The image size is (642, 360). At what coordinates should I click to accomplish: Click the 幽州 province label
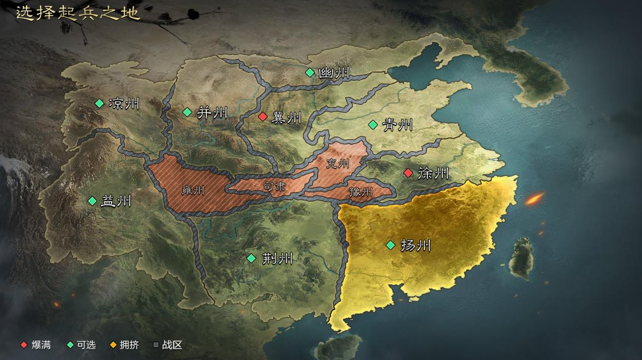(x=334, y=73)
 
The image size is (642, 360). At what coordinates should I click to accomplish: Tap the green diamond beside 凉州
(x=99, y=103)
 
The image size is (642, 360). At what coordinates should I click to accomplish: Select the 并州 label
(x=212, y=112)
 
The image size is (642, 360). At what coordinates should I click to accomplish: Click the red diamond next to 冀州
(x=262, y=117)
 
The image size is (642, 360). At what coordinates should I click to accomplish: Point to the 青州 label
(x=398, y=125)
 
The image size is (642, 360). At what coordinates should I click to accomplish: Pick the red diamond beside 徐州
(x=408, y=173)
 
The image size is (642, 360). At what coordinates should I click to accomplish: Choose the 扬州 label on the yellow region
(x=415, y=245)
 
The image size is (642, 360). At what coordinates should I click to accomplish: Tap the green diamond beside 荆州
(x=251, y=258)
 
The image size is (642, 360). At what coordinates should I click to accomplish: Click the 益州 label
(x=116, y=201)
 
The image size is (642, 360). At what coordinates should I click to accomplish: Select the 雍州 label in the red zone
(x=193, y=190)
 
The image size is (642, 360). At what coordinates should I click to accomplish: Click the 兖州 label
(x=337, y=163)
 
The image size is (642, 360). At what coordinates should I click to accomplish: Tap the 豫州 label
(x=361, y=192)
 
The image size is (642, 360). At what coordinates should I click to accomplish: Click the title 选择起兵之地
(x=78, y=13)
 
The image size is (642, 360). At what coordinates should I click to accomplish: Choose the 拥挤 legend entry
(x=129, y=345)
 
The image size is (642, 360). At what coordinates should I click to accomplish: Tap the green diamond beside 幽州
(x=310, y=72)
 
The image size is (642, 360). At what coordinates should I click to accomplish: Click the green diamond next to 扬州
(x=390, y=245)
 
